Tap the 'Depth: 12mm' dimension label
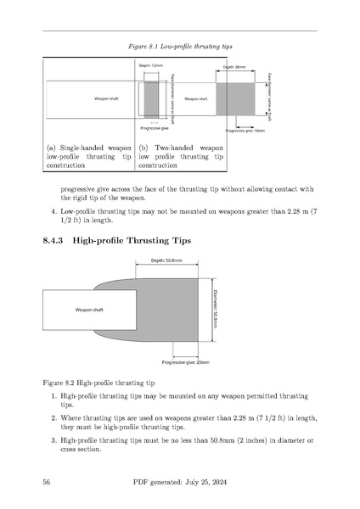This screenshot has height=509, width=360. [150, 66]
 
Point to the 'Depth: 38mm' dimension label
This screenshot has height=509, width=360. [234, 66]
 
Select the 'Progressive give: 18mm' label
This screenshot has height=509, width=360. [245, 131]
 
